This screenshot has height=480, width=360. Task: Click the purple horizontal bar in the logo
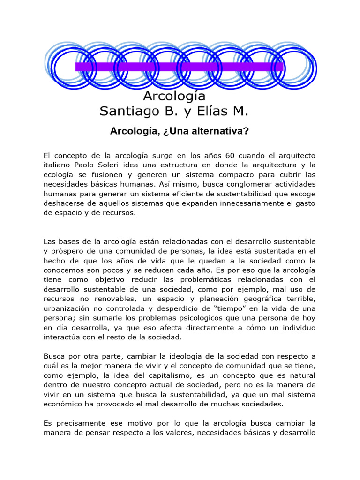(180, 67)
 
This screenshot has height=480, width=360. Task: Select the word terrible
(300, 299)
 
